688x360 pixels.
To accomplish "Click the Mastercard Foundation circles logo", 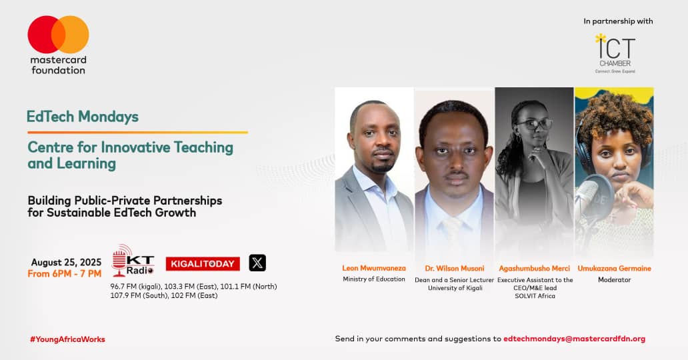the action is tap(58, 35).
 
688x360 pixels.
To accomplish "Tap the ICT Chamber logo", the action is tap(615, 53).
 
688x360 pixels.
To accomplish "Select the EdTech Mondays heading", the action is tap(83, 117).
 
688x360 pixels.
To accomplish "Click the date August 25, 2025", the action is tap(66, 262).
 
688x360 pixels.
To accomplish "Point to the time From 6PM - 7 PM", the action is tap(65, 274).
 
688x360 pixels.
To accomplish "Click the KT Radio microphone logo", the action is tap(133, 261).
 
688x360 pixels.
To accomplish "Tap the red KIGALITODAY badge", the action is tap(203, 264).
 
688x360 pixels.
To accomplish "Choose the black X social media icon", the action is tap(257, 263).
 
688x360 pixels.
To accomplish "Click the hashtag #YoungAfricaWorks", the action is tap(67, 339).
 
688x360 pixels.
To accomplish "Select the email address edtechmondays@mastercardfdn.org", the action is tap(575, 339).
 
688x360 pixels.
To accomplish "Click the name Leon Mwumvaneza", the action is tap(374, 268).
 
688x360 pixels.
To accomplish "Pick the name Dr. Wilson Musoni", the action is tap(455, 268).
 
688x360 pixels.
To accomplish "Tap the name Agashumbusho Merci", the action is tap(535, 268).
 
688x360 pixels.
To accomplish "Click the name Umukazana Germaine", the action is tap(614, 268).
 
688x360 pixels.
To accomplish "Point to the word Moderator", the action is tap(614, 279).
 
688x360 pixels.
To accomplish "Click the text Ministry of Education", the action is tap(374, 279).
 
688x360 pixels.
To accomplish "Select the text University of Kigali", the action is tap(455, 288).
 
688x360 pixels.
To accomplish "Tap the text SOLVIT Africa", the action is tap(535, 297).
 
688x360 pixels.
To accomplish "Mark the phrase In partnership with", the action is tap(618, 21).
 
